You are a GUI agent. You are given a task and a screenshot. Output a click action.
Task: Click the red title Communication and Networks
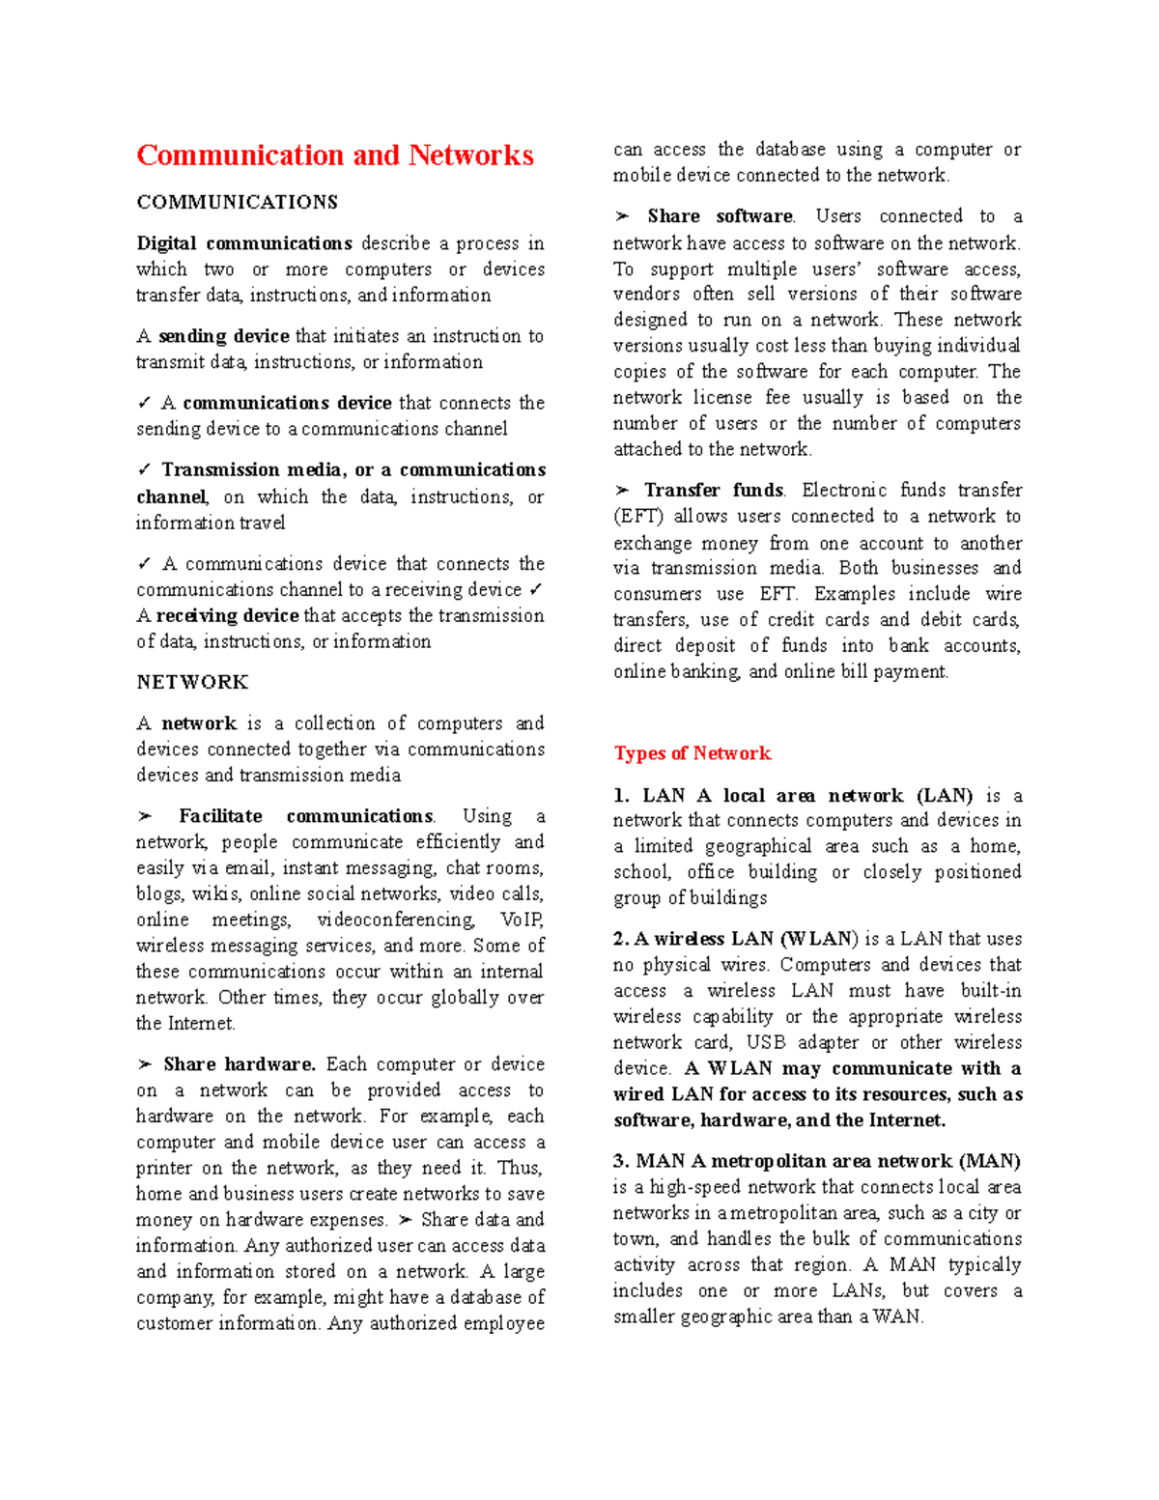[x=334, y=156]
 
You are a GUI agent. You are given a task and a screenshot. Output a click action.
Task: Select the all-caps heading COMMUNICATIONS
[x=237, y=202]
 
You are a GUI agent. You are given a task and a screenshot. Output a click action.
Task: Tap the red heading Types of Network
[x=692, y=753]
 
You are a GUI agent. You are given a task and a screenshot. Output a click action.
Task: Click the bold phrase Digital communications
[x=243, y=243]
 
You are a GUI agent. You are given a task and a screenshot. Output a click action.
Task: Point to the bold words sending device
[x=223, y=336]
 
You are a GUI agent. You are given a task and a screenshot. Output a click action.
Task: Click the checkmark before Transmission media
[x=144, y=469]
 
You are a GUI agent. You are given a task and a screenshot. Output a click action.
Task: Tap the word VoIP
[x=522, y=920]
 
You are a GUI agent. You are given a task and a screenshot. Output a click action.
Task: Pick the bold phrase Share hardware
[x=240, y=1064]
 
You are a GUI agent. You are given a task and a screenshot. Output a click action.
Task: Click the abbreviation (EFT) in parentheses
[x=638, y=517]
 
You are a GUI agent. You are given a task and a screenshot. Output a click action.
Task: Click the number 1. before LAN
[x=621, y=796]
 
